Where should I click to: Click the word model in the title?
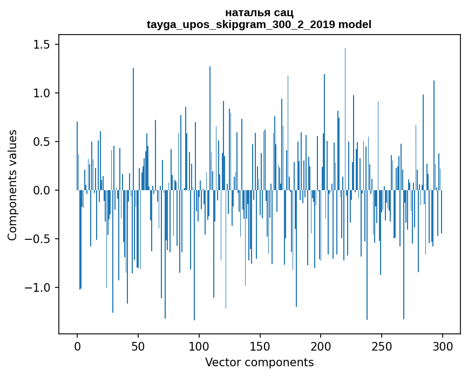coord(355,24)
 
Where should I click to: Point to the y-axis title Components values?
coord(12,185)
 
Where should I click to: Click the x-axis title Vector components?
coord(259,362)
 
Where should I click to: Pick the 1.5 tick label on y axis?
coord(41,44)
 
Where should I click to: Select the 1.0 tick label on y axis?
coord(41,93)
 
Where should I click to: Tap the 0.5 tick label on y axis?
coord(41,142)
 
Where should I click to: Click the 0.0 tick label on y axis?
coord(41,190)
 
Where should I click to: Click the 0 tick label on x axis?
coord(77,345)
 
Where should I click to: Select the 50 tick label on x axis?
coord(138,345)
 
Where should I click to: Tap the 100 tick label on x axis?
coord(199,345)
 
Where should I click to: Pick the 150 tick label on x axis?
coord(260,345)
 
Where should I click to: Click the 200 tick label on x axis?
coord(321,345)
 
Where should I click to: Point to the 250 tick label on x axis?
coord(382,345)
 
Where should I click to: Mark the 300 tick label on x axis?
coord(443,345)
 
